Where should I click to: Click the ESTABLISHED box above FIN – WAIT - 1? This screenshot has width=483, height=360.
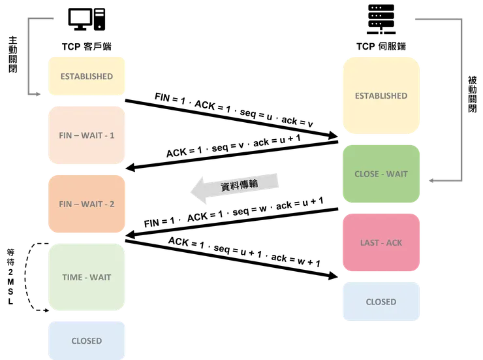point(87,76)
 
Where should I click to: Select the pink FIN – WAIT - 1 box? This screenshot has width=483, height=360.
point(87,136)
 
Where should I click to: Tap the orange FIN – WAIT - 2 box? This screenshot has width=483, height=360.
point(87,204)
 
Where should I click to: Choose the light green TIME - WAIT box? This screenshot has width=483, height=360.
point(87,277)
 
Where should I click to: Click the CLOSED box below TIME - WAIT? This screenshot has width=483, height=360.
point(87,340)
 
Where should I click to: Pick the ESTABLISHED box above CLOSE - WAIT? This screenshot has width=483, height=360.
point(381,95)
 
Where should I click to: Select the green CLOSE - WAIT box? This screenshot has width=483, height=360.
point(381,174)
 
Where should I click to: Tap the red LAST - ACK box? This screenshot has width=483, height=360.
point(381,242)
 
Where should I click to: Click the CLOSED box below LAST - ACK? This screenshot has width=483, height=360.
point(381,302)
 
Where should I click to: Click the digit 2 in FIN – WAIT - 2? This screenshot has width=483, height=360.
point(112,204)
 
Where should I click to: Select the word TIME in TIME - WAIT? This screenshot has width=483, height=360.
point(72,277)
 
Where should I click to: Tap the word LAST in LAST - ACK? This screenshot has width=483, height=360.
point(370,242)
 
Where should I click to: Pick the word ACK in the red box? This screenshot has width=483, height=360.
point(394,242)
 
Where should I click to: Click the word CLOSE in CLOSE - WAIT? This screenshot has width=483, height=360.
point(367,174)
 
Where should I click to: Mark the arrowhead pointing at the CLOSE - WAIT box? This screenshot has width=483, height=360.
point(430,177)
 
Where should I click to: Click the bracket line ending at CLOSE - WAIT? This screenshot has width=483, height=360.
point(462,98)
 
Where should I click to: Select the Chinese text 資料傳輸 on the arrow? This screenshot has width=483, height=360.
point(239,185)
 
